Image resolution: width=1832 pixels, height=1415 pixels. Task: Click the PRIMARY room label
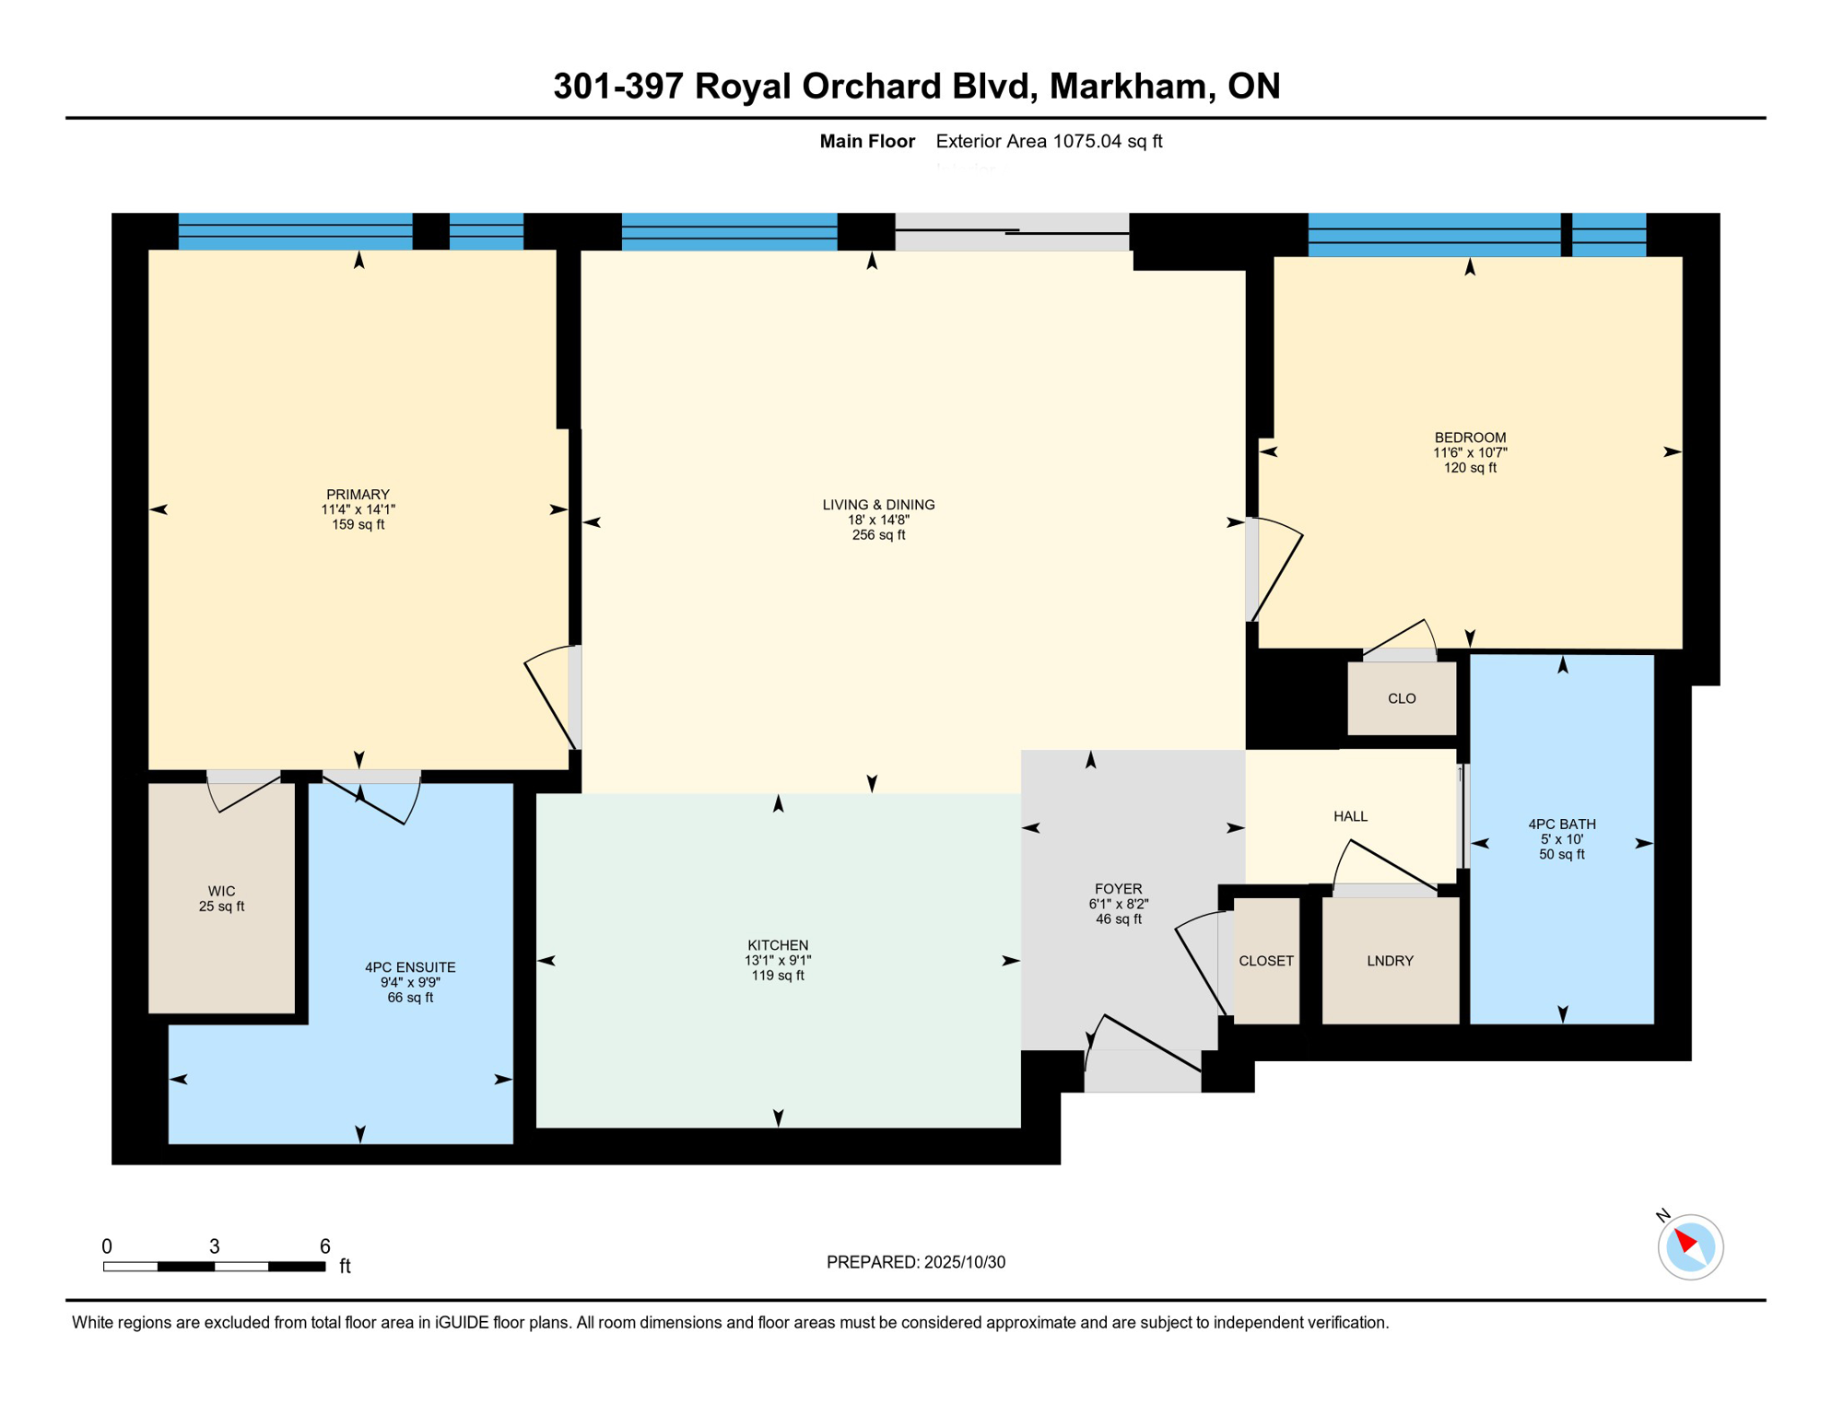(358, 495)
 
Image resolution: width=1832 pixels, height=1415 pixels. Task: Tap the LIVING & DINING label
(878, 505)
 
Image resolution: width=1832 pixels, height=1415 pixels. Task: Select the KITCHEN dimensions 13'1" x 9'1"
(778, 961)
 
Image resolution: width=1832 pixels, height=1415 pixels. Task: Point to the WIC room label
(221, 891)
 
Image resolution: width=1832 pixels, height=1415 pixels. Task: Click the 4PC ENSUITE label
(410, 967)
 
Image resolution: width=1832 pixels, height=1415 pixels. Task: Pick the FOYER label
(1118, 889)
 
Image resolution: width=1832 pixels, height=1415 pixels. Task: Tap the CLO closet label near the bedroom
(1402, 698)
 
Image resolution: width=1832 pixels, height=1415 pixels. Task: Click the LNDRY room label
(1390, 961)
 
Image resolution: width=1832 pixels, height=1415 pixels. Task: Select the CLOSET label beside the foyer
(1266, 961)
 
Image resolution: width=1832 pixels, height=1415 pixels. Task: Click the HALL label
(1350, 816)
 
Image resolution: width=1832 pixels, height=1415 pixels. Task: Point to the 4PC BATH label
(1562, 824)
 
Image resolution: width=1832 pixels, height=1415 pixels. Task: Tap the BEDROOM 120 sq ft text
(1470, 468)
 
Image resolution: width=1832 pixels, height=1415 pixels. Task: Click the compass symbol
(1690, 1247)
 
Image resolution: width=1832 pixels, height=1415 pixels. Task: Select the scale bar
(214, 1267)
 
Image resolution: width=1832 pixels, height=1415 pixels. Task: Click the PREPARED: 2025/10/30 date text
(915, 1262)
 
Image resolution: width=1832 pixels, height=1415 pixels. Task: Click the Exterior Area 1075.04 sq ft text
(1049, 141)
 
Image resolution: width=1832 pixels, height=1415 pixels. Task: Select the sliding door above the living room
(1012, 231)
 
